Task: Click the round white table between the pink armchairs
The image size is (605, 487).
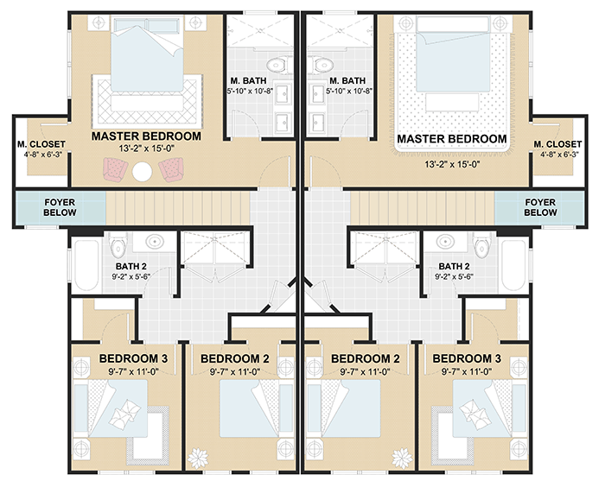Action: click(x=143, y=172)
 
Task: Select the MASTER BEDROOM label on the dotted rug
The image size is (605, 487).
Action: click(x=451, y=138)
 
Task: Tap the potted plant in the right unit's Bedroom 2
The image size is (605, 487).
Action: click(x=400, y=456)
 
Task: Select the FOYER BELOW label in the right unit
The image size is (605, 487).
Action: click(x=540, y=207)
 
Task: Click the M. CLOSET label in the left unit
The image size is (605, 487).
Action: click(x=39, y=144)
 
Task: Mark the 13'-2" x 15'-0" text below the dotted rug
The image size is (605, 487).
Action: click(x=451, y=165)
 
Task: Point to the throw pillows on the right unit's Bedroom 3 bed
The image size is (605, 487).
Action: click(x=475, y=412)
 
